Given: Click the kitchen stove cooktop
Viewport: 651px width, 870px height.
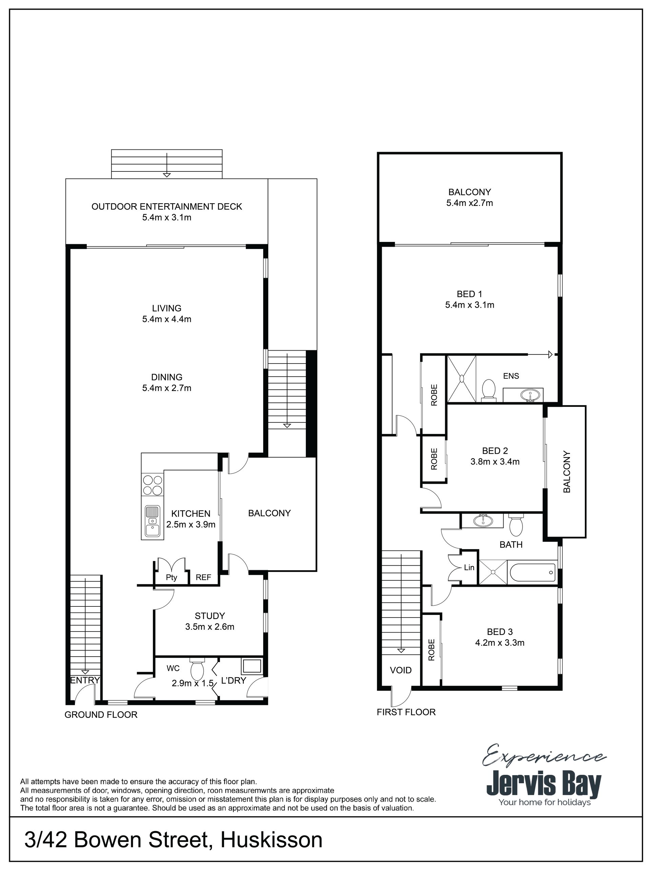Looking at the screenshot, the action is [x=153, y=485].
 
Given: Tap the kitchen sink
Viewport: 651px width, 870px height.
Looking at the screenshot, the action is [x=152, y=521].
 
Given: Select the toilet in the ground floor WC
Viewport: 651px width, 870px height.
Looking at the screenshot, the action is [x=196, y=667].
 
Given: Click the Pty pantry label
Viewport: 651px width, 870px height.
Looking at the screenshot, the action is [x=171, y=577].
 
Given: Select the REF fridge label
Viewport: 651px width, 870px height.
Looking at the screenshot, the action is [x=203, y=577].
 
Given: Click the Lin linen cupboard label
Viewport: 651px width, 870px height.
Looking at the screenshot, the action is [x=469, y=567].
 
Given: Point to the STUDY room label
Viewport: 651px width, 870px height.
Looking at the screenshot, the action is [x=210, y=616].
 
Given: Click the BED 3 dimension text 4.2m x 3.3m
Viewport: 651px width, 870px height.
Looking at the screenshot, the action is [x=500, y=643].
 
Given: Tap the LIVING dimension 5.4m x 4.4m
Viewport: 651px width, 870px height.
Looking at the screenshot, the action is [x=167, y=319].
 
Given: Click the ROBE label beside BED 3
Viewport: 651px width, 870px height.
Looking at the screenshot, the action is [x=431, y=650].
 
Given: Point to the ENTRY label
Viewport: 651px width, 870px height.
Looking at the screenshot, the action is [x=85, y=680].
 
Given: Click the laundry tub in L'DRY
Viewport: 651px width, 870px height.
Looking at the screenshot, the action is [x=252, y=666].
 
